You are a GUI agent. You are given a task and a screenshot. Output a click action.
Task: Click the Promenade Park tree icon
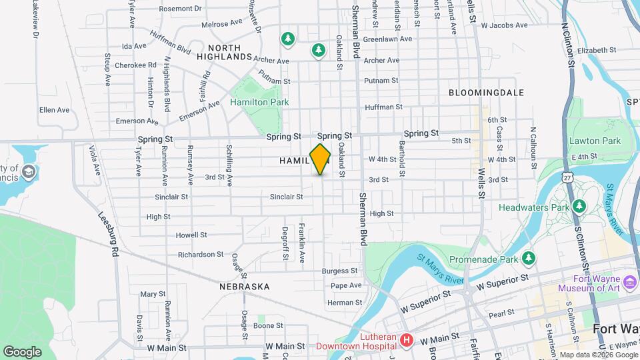pos(529,257)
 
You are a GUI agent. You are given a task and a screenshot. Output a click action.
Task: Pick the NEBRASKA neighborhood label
pos(244,287)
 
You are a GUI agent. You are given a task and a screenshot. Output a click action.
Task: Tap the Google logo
pos(22,351)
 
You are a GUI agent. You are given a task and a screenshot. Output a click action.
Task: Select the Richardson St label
pos(201,254)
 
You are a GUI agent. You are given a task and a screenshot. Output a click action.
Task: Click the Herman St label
pos(344,303)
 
